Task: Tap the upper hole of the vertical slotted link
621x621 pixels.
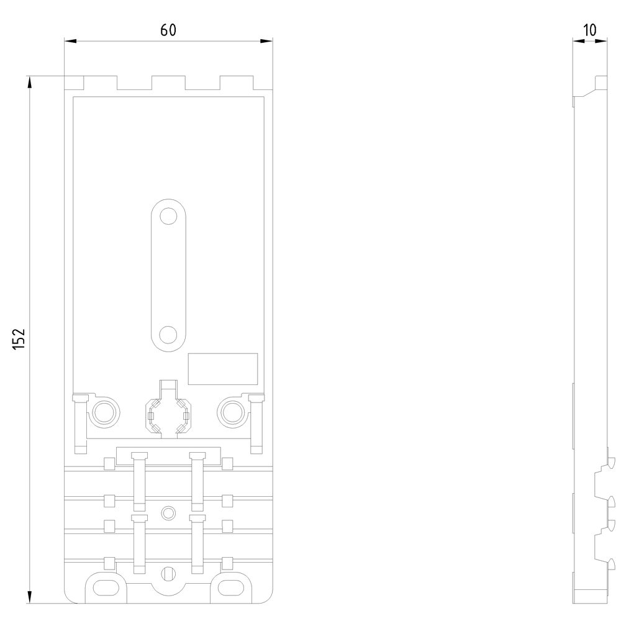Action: pyautogui.click(x=168, y=216)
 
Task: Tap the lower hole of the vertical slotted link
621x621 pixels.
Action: pyautogui.click(x=168, y=335)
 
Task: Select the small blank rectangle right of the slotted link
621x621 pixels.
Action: pyautogui.click(x=222, y=369)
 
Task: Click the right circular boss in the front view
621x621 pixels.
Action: pyautogui.click(x=232, y=411)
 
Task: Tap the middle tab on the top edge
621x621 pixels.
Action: pyautogui.click(x=168, y=83)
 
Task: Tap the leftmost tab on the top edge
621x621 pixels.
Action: pyautogui.click(x=75, y=83)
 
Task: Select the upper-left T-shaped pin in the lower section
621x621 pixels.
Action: pyautogui.click(x=139, y=478)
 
